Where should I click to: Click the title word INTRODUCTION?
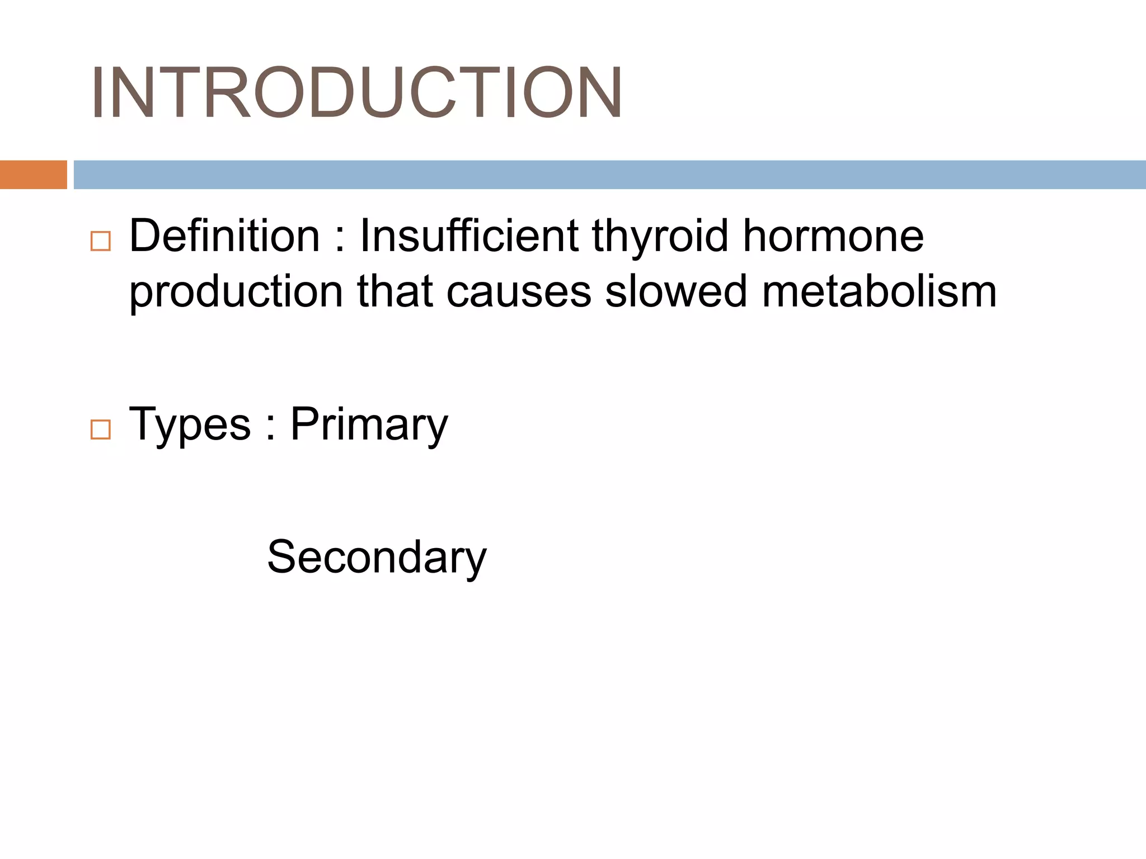click(356, 93)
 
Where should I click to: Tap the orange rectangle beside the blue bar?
click(33, 174)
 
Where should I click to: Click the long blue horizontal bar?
click(609, 174)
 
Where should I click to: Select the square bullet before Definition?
click(101, 242)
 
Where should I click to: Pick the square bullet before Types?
click(101, 429)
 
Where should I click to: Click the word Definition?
click(224, 236)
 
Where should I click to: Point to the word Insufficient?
click(469, 236)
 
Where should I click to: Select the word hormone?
click(833, 236)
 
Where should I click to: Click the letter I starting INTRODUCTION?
click(97, 93)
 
